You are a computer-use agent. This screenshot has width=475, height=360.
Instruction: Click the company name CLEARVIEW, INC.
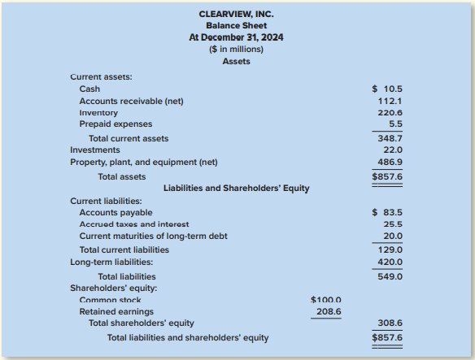236,15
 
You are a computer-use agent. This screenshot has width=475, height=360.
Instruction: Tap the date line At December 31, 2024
236,37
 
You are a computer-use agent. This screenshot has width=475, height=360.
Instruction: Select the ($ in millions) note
236,49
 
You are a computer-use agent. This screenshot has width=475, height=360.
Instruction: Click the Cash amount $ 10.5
387,89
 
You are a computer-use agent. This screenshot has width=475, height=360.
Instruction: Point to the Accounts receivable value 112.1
391,101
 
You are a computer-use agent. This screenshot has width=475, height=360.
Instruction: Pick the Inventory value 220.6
391,113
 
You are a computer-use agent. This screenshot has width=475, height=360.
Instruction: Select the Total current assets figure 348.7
391,139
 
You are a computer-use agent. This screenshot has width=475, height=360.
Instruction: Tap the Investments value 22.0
393,150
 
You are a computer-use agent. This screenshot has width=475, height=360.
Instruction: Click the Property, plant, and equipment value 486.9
391,163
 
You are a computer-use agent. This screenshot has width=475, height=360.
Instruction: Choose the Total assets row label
122,176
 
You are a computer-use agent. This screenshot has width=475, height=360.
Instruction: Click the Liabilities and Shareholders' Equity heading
236,188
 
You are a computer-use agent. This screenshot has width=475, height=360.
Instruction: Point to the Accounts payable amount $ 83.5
387,212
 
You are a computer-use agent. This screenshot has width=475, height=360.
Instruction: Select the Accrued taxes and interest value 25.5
393,224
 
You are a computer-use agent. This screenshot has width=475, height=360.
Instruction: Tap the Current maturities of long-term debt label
153,236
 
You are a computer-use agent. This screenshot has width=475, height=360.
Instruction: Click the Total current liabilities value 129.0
391,249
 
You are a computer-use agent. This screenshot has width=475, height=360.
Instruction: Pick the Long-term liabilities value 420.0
391,262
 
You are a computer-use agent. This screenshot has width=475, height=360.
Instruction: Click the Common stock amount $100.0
326,301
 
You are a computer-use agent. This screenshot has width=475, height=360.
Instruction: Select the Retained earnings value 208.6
327,311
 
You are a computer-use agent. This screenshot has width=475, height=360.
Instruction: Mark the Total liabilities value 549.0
391,276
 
